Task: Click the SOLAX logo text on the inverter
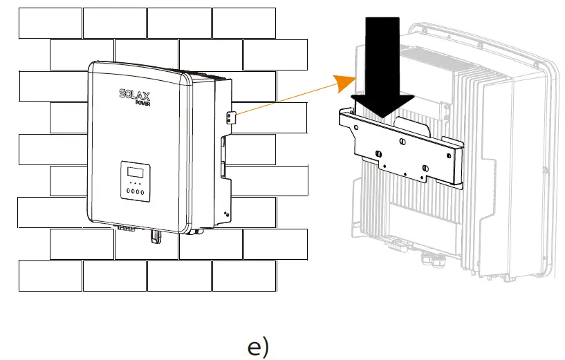point(137,93)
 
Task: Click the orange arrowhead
point(342,82)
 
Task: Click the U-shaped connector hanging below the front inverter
point(156,236)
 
